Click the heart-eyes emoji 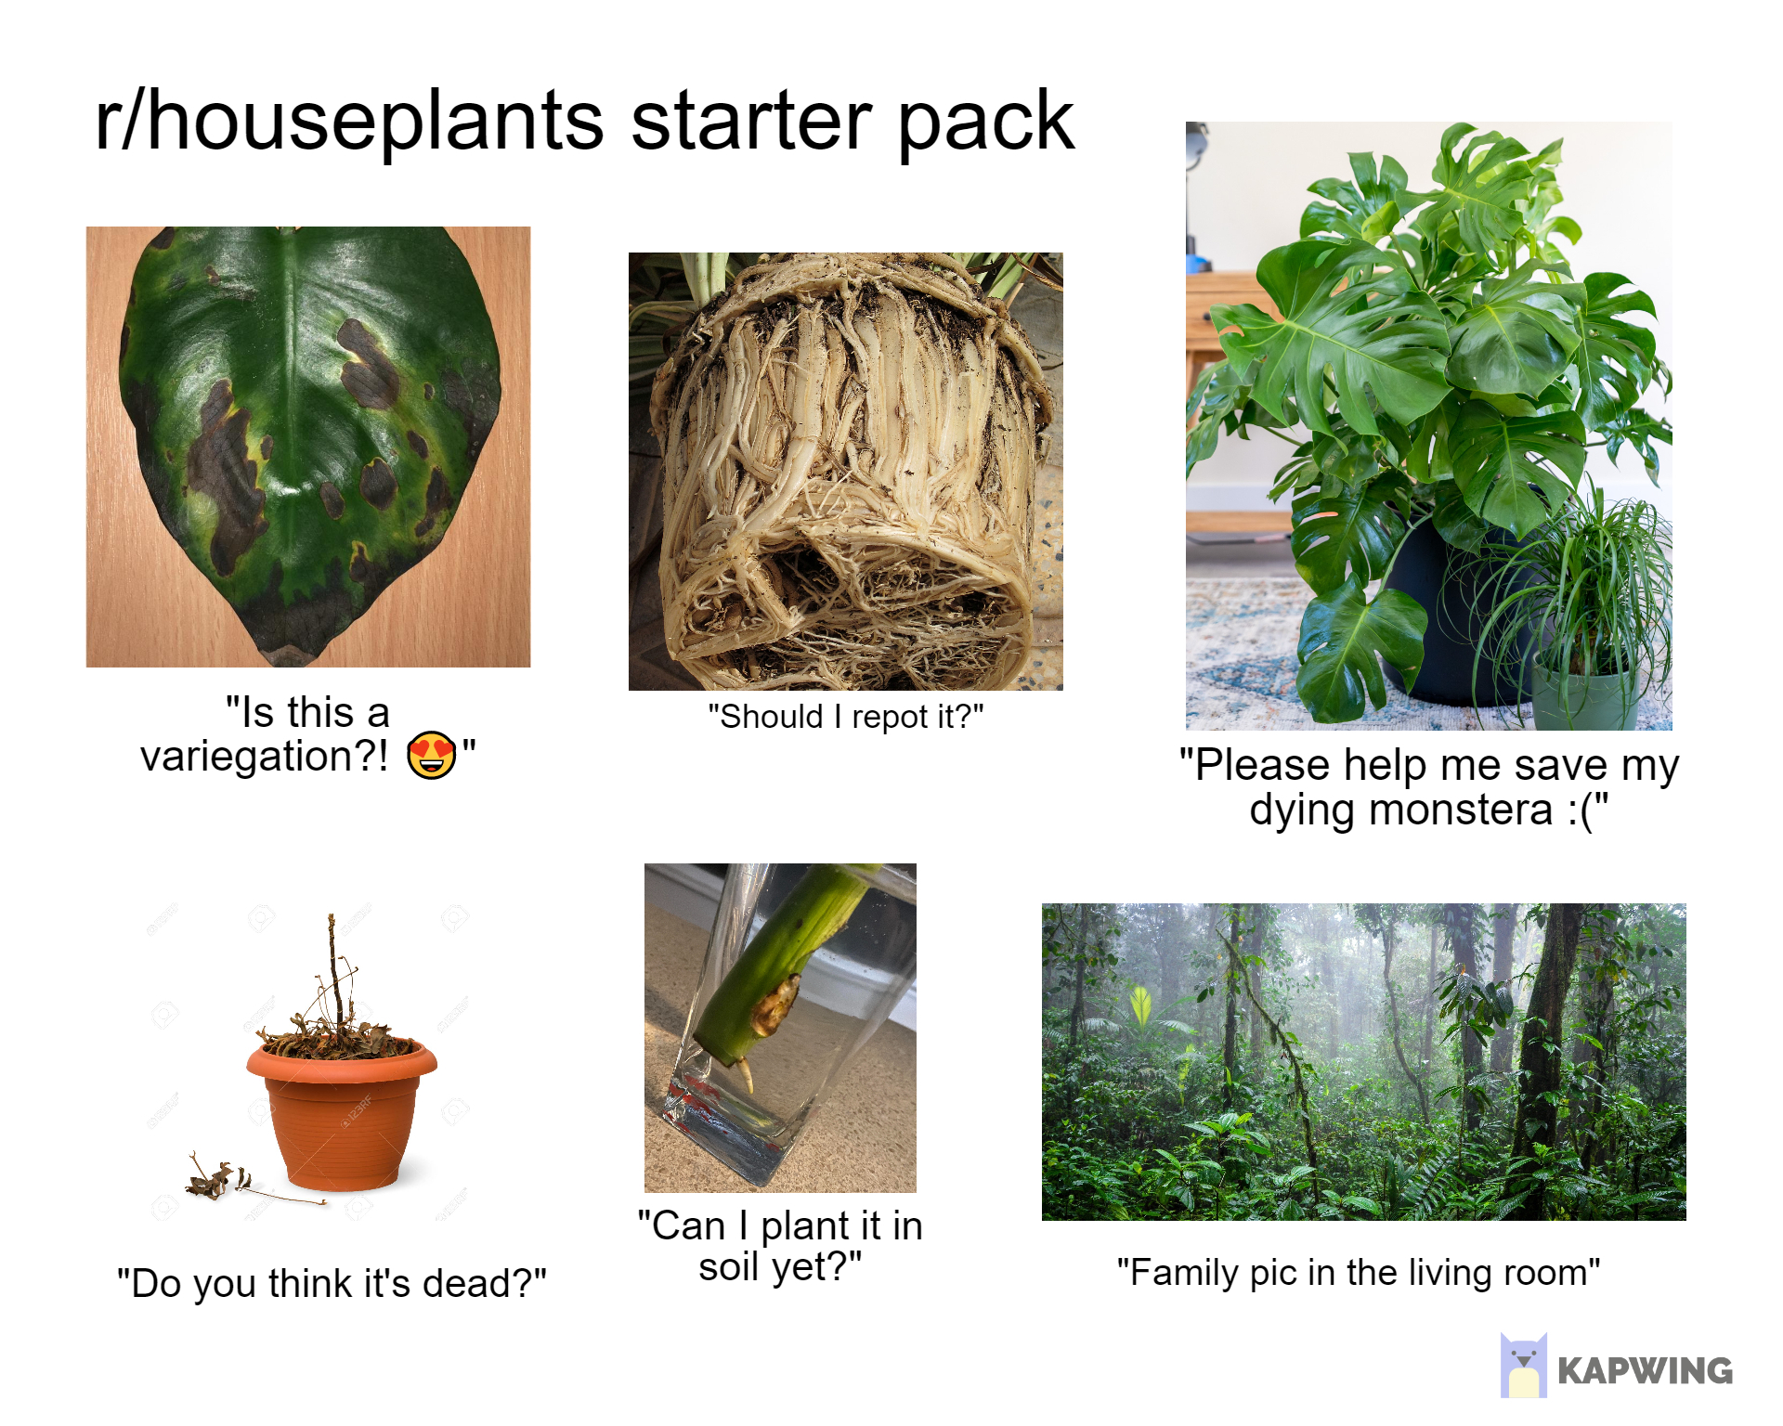click(432, 755)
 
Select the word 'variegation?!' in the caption click(264, 757)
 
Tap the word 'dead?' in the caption click(476, 1283)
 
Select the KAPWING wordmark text click(1645, 1370)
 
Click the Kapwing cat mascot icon click(1523, 1365)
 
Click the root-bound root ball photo click(845, 471)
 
